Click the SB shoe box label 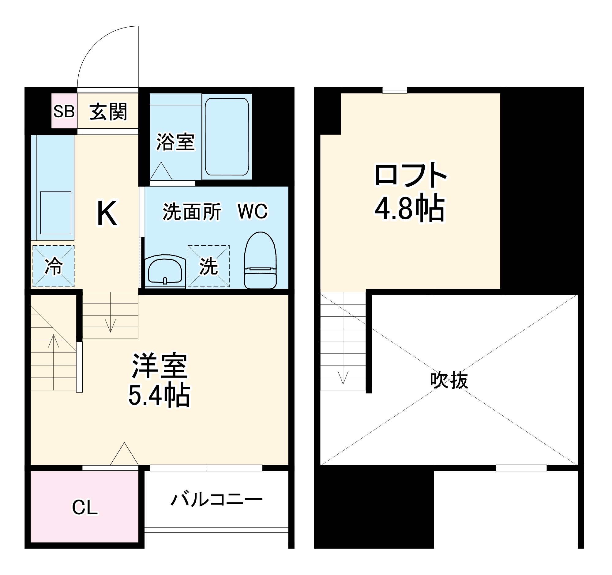click(64, 111)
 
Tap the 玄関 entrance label click(108, 112)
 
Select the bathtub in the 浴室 click(227, 136)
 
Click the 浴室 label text click(175, 142)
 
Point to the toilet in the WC click(260, 260)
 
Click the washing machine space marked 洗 click(208, 266)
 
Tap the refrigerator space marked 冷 click(54, 266)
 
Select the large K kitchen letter click(107, 213)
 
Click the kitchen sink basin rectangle click(56, 213)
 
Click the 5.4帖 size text click(159, 395)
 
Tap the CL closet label click(85, 507)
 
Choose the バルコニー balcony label click(216, 499)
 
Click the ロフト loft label click(411, 175)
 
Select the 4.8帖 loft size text click(410, 209)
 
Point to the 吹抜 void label click(449, 380)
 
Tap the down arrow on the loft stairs click(343, 377)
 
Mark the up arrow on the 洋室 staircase click(54, 341)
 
